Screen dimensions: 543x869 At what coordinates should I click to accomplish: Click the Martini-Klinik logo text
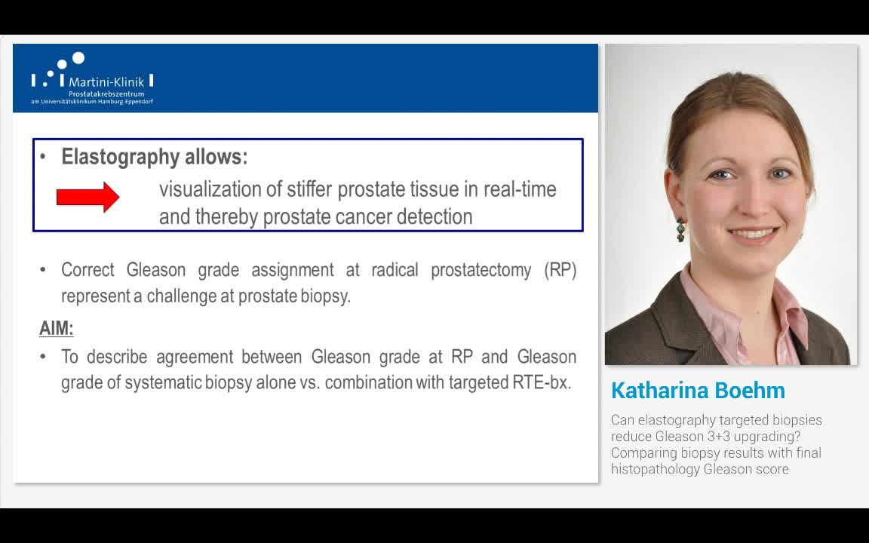(x=106, y=81)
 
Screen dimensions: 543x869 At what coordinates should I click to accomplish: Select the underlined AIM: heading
(x=56, y=328)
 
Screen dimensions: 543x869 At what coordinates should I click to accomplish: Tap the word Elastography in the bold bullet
(x=121, y=157)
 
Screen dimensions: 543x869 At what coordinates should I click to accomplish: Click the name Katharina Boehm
(x=698, y=391)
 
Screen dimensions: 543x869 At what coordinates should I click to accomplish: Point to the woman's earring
(x=681, y=228)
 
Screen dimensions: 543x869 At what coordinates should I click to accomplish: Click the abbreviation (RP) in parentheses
(x=560, y=270)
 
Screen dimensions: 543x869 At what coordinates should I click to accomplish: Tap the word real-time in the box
(x=520, y=189)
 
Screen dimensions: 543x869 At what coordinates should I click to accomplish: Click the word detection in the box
(x=435, y=217)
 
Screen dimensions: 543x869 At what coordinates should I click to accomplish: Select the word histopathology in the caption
(x=655, y=469)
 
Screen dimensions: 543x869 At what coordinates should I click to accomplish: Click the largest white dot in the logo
(x=78, y=58)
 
